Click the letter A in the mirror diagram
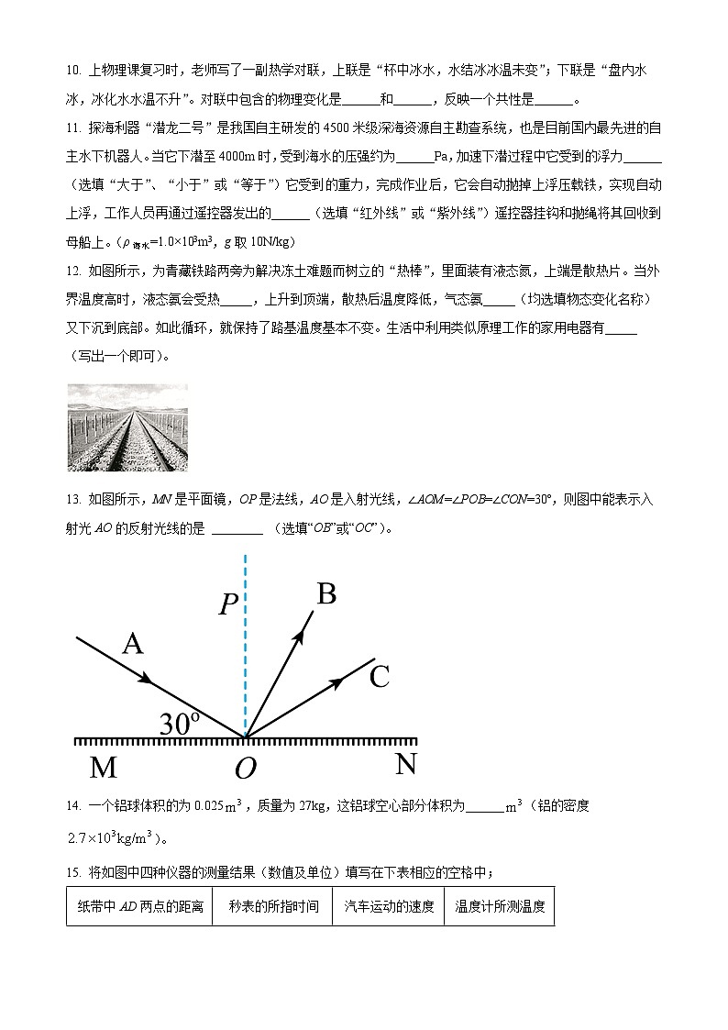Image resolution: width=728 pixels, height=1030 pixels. (x=133, y=645)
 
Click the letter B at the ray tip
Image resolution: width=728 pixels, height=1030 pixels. (x=325, y=594)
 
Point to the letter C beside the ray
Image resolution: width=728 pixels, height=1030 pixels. (x=379, y=678)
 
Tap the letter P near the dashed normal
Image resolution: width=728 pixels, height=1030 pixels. (x=228, y=605)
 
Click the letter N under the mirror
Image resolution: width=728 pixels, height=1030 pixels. (x=405, y=764)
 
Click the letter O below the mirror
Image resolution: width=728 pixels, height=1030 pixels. (x=244, y=770)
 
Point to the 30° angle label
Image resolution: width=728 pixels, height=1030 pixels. (x=179, y=724)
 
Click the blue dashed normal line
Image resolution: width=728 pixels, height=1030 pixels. (x=245, y=642)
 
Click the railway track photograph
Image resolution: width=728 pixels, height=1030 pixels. (x=127, y=427)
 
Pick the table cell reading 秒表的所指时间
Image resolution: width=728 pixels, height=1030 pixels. (x=273, y=907)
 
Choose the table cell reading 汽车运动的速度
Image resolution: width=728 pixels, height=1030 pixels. (x=389, y=907)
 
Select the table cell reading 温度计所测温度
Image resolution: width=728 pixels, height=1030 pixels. (x=500, y=907)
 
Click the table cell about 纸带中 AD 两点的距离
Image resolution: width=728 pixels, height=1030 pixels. (x=138, y=907)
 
